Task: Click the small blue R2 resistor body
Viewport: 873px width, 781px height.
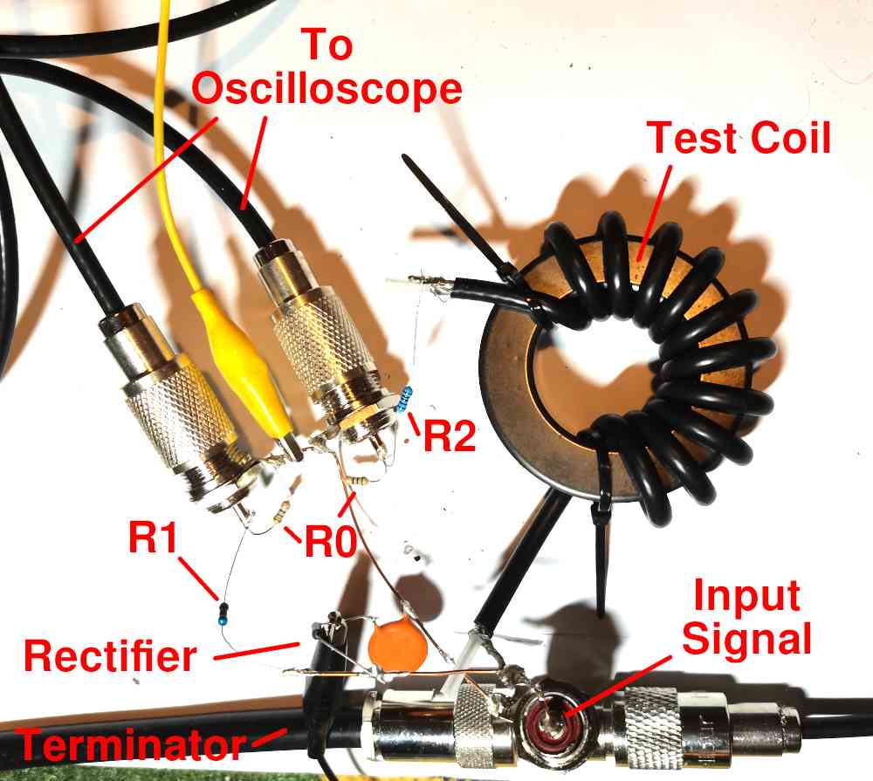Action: point(404,401)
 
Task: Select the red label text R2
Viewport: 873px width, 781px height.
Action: point(449,434)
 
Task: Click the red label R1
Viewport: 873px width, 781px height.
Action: point(155,539)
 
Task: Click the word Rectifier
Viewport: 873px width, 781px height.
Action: point(110,654)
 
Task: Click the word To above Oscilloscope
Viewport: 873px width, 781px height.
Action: point(327,44)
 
